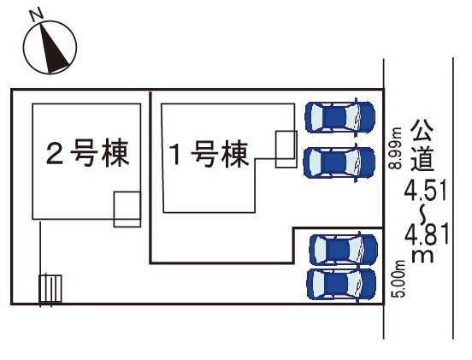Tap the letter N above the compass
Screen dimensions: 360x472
(x=34, y=15)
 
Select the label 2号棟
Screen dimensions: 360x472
(x=87, y=155)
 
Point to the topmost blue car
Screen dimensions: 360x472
(x=340, y=116)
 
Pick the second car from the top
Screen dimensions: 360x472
(x=340, y=161)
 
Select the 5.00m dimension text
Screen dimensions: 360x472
(x=398, y=277)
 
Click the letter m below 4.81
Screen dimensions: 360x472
(x=422, y=256)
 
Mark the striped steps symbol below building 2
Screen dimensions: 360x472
(x=50, y=288)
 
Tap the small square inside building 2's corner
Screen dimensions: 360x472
(x=127, y=210)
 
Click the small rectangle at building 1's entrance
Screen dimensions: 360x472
(x=285, y=143)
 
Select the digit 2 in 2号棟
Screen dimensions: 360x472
(x=54, y=155)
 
